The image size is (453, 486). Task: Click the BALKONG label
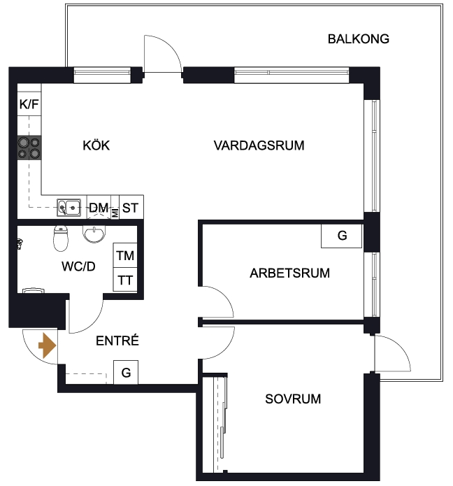click(359, 39)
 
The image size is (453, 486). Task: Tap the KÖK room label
click(96, 145)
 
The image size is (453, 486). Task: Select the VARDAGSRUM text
click(259, 145)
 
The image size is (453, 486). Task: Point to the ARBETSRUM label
click(289, 273)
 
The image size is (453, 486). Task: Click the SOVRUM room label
click(293, 399)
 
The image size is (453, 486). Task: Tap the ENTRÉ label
click(117, 341)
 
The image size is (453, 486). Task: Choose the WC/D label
click(78, 266)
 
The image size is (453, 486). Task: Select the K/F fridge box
click(29, 103)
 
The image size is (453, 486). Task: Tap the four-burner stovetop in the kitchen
click(29, 148)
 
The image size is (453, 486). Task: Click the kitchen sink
click(69, 208)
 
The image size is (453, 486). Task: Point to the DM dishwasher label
click(99, 208)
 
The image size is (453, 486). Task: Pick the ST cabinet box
click(131, 207)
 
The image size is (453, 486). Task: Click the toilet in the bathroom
click(61, 238)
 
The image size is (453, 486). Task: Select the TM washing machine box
click(125, 255)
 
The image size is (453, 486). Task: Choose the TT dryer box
click(125, 280)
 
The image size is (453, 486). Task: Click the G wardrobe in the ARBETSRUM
click(341, 236)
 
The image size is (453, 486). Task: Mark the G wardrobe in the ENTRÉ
click(126, 372)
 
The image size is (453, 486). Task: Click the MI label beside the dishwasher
click(115, 213)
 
